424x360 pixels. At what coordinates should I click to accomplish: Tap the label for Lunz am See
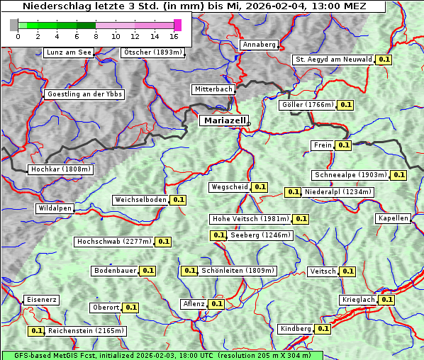68,52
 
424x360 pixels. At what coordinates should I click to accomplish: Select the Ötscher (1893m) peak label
152,52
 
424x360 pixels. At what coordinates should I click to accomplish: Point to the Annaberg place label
259,45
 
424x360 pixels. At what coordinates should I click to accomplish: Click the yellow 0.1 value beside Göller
345,105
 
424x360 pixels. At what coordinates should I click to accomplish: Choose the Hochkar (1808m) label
61,169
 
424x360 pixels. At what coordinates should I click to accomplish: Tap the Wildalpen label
55,208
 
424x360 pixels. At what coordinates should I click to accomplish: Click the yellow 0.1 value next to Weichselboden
178,200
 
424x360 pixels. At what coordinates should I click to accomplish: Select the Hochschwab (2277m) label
114,242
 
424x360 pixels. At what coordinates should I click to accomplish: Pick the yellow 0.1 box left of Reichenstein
36,331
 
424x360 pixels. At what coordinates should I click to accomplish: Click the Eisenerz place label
41,300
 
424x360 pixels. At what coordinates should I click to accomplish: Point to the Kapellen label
393,218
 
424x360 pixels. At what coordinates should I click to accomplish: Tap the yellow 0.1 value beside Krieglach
386,300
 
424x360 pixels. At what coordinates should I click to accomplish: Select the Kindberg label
296,329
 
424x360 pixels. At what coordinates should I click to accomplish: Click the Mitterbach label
213,89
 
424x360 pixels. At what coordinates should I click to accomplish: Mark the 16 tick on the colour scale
174,36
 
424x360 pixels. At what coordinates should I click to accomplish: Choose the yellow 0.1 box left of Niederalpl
292,192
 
